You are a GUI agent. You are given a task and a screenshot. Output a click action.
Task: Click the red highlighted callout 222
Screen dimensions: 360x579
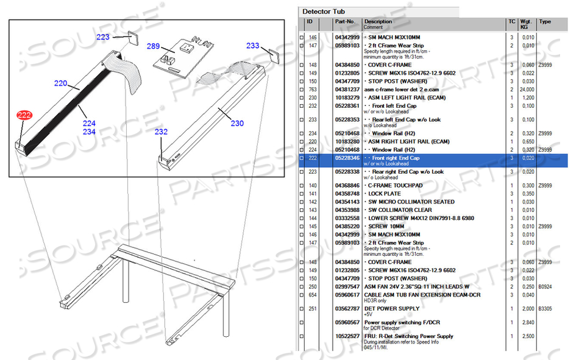pos(24,115)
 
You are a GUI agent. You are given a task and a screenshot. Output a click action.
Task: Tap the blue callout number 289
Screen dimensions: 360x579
pos(153,46)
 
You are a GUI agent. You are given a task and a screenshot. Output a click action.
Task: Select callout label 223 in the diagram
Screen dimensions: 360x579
pos(103,37)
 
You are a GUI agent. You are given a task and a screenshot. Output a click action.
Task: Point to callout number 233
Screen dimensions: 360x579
pos(252,46)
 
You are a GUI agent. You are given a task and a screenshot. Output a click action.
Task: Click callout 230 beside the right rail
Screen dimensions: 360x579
pos(238,124)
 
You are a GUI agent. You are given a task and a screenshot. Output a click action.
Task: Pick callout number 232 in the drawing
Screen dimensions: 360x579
pos(161,132)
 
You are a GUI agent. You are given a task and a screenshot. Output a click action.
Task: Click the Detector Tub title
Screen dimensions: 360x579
pos(325,12)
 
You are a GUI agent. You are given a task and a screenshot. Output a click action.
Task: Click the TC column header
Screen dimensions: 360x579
pos(512,21)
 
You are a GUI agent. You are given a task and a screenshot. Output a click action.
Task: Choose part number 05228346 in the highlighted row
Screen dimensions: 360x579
pos(347,158)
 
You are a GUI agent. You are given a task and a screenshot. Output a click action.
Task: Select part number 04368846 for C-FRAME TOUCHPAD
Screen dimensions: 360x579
pos(347,185)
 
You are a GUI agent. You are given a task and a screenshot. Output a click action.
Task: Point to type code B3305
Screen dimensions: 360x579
pos(545,308)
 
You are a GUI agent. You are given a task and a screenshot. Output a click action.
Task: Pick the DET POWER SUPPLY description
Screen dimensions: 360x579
pos(392,308)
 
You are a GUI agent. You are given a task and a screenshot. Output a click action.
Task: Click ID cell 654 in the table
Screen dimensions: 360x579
pos(313,295)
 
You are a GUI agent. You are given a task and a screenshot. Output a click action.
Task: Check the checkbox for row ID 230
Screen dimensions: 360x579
pos(301,98)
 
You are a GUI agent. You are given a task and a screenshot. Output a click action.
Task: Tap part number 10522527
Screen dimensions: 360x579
pos(347,336)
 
